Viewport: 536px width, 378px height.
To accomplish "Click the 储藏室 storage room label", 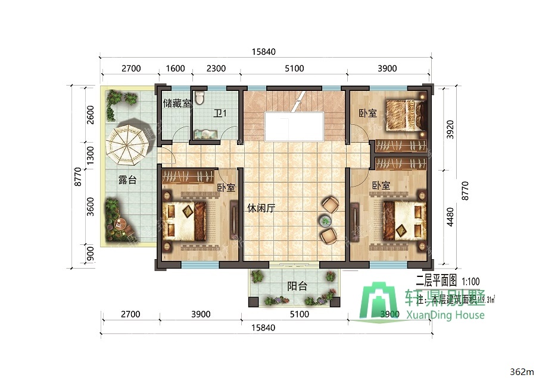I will point(177,103).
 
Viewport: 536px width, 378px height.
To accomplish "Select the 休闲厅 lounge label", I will point(260,209).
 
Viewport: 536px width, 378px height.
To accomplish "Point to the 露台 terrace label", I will point(127,180).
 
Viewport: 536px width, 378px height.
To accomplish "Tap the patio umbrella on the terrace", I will point(126,144).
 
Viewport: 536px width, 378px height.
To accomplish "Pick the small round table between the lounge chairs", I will point(326,221).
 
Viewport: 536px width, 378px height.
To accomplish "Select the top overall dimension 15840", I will point(264,52).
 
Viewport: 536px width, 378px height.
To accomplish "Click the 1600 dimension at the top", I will point(175,68).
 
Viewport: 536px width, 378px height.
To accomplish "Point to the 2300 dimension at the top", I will point(216,68).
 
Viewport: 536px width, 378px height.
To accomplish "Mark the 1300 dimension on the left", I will point(90,157).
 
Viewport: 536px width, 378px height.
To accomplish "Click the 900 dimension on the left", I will point(90,253).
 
